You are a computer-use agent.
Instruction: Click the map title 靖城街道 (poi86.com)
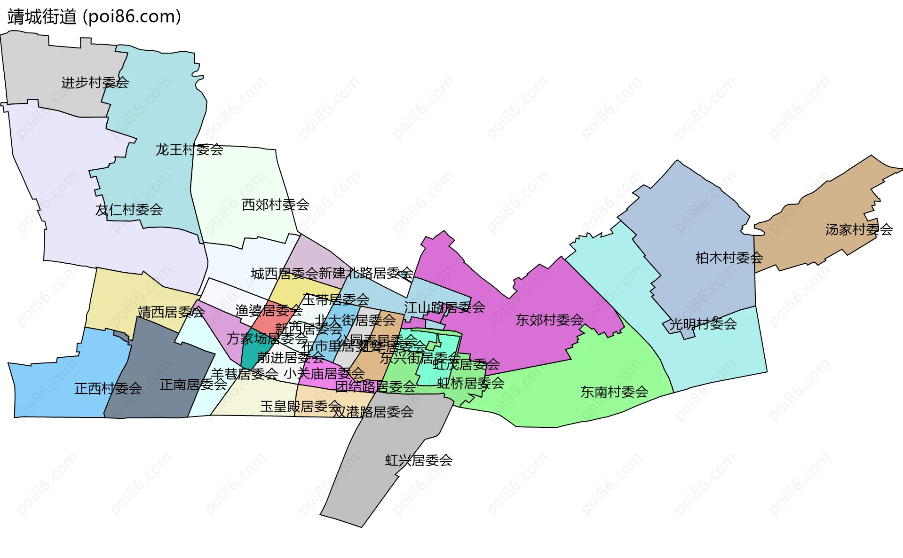[x=94, y=17]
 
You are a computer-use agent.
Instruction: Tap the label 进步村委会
[x=95, y=83]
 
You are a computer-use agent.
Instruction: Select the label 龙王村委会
[x=189, y=149]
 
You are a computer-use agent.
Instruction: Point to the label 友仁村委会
[x=129, y=210]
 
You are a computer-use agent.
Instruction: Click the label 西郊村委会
[x=275, y=204]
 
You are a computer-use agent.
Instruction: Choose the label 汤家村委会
[x=859, y=229]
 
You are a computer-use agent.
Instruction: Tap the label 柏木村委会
[x=729, y=258]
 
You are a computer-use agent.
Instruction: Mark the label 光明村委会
[x=703, y=323]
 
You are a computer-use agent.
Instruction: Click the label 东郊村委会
[x=549, y=320]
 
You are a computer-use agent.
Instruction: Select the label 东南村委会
[x=614, y=392]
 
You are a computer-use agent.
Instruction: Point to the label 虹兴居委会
[x=419, y=460]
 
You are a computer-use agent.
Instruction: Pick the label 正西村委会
[x=108, y=388]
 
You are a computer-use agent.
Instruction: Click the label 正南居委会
[x=193, y=385]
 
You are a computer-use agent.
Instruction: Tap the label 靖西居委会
[x=171, y=312]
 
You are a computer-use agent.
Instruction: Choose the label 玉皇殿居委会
[x=301, y=406]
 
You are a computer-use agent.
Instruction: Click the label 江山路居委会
[x=444, y=307]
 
